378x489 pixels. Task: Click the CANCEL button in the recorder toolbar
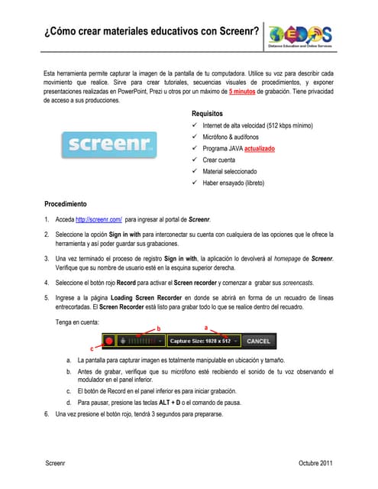click(258, 340)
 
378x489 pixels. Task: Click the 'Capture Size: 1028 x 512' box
click(202, 340)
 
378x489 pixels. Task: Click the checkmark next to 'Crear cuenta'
click(195, 160)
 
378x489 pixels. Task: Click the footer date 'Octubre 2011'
click(315, 463)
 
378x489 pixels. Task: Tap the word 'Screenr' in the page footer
click(55, 463)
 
